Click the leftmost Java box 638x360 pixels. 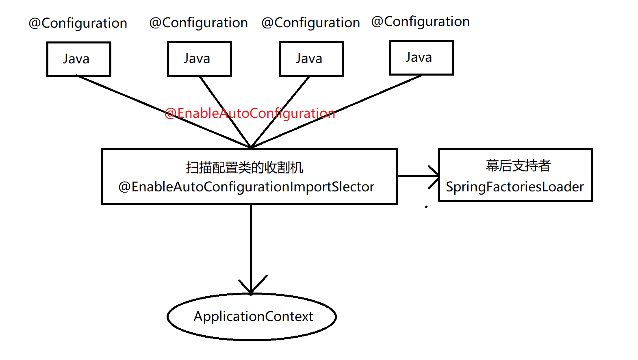coord(79,59)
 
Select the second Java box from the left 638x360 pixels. coord(199,59)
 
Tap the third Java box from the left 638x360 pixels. coord(311,59)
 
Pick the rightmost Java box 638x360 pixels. coord(421,58)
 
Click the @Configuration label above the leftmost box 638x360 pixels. coord(78,23)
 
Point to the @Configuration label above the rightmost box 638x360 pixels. coord(420,22)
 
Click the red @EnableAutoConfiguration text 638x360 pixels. coord(250,113)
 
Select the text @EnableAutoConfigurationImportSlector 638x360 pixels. coord(246,187)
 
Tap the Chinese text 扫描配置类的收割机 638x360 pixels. coord(245,167)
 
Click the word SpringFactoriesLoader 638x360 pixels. coord(514,187)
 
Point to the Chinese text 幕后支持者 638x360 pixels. coord(518,166)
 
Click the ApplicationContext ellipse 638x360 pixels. coord(252,317)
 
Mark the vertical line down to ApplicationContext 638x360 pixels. coord(251,244)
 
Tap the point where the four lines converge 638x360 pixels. coord(251,147)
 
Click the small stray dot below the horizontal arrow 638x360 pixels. coord(426,207)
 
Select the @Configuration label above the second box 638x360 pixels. coord(199,23)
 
